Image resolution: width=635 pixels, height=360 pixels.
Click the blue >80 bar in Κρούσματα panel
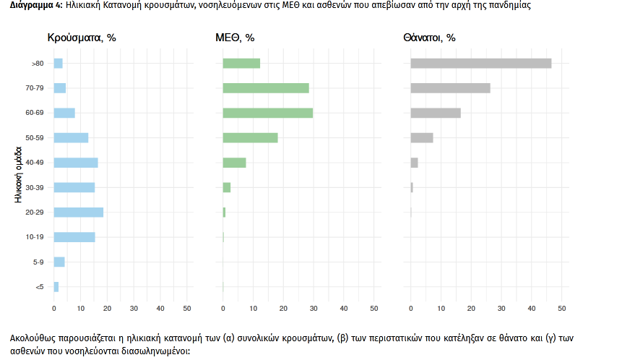coord(59,64)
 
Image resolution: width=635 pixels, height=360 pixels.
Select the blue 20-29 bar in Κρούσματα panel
coord(79,213)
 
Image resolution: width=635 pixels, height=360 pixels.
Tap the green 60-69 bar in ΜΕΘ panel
coord(267,113)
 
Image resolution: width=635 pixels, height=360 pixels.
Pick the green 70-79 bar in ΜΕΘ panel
coord(266,88)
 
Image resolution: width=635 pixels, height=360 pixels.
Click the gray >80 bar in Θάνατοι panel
coord(480,64)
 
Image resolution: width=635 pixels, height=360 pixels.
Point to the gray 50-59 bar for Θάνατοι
coord(422,138)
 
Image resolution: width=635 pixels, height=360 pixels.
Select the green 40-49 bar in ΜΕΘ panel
coord(234,163)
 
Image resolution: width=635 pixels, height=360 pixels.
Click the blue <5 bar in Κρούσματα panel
coord(56,287)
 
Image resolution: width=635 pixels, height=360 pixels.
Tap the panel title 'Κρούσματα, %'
coord(82,38)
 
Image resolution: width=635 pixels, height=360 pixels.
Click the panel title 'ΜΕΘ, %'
coord(235,38)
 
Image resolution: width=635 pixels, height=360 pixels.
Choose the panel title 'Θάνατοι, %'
coord(429,38)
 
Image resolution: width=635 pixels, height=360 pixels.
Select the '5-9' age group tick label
coord(38,262)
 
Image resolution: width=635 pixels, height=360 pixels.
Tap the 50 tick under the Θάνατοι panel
coord(562,309)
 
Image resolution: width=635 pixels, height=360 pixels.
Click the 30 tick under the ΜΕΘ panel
coord(314,309)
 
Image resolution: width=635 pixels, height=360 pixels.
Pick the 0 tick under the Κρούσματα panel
coord(54,309)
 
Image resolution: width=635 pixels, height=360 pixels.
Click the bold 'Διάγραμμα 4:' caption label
coord(32,5)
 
